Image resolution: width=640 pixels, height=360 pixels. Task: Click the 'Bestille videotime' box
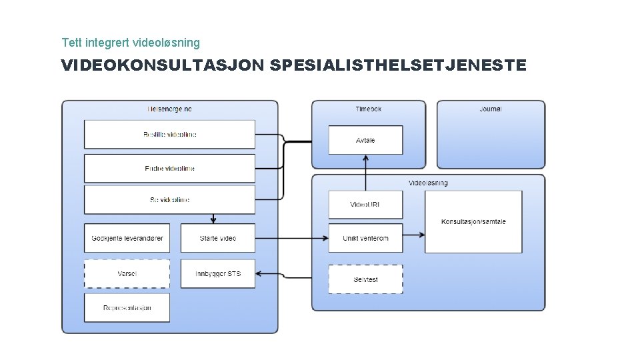tap(169, 135)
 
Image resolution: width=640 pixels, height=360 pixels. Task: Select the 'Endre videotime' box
tap(169, 169)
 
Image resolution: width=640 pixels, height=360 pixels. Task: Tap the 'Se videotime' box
tap(169, 200)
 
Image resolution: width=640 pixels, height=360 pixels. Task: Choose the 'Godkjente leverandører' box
tap(127, 238)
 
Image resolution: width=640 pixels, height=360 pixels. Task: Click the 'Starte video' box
tap(218, 238)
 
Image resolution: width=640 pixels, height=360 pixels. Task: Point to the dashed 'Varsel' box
tap(127, 274)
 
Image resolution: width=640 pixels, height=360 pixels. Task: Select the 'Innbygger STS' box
tap(218, 274)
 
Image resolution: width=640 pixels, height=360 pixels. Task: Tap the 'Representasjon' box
tap(127, 308)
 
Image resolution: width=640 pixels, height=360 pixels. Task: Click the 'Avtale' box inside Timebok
tap(365, 140)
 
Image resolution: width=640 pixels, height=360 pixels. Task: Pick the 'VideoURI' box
tap(365, 205)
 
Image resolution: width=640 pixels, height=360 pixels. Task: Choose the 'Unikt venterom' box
tap(365, 238)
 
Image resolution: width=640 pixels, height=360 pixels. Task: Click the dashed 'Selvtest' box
tap(365, 279)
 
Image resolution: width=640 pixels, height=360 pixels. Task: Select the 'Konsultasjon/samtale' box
tap(473, 222)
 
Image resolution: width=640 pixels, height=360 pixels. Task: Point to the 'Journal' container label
tap(491, 109)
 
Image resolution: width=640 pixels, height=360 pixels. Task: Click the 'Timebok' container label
tap(369, 109)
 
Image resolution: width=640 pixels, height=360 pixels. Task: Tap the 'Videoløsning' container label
tap(428, 183)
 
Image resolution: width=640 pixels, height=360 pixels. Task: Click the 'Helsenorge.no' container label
tap(169, 109)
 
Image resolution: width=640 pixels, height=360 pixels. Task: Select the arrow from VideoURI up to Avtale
tap(365, 173)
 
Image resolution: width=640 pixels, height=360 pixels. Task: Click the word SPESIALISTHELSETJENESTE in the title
tap(399, 65)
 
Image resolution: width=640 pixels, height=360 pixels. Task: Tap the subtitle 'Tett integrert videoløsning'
tap(131, 43)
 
